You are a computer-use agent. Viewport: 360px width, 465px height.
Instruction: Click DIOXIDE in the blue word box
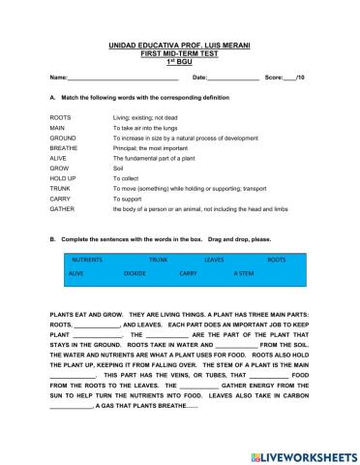pos(135,274)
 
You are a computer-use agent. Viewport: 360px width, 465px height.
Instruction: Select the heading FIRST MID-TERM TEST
pos(181,51)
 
